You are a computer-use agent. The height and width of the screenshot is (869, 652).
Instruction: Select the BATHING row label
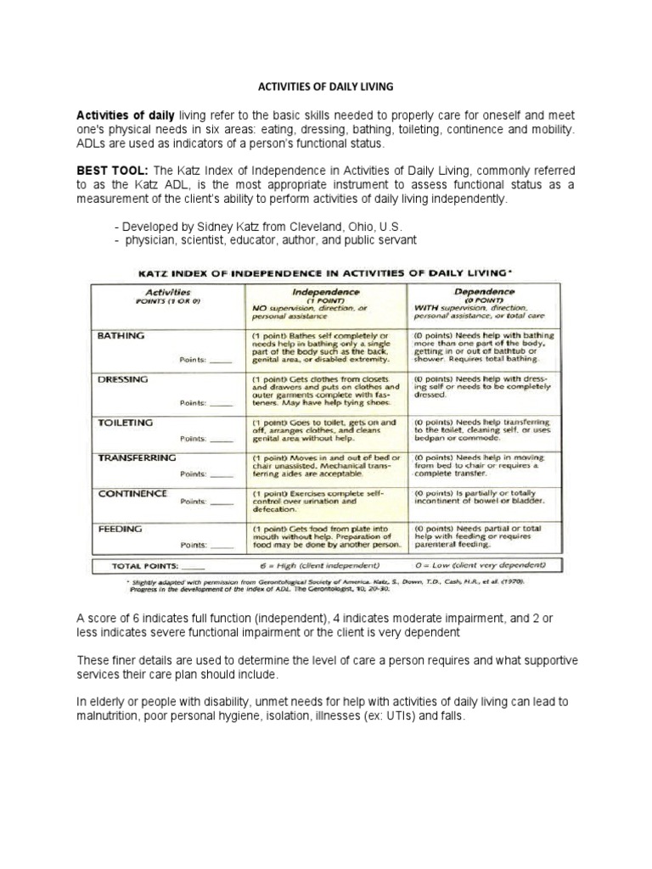pyautogui.click(x=121, y=335)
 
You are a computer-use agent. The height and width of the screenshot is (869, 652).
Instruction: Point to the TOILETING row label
pyautogui.click(x=126, y=422)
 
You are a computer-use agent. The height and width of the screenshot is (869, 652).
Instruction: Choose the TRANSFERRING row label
pyautogui.click(x=137, y=457)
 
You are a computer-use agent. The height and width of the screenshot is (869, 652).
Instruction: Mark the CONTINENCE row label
pyautogui.click(x=132, y=493)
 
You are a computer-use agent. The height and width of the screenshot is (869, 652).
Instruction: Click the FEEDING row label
pyautogui.click(x=120, y=528)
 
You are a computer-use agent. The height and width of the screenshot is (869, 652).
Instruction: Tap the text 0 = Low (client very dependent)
pyautogui.click(x=480, y=564)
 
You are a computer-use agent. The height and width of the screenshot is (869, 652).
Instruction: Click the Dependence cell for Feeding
pyautogui.click(x=480, y=536)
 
